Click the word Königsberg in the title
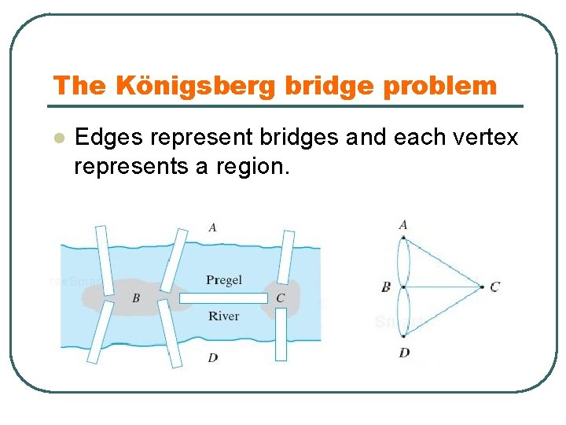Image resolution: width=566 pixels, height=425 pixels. tap(196, 85)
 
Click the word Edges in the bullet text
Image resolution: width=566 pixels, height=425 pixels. tap(108, 138)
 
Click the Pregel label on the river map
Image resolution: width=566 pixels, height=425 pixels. tap(224, 280)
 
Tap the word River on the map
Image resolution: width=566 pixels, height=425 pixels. tap(224, 316)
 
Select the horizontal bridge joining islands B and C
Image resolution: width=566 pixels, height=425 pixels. tap(223, 298)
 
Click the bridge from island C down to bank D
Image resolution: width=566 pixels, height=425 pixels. tap(281, 334)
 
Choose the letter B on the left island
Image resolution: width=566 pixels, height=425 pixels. tap(136, 298)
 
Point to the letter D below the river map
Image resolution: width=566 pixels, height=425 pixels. tap(213, 358)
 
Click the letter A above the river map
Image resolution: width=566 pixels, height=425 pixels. tap(213, 227)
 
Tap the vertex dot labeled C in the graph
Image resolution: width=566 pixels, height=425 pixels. tap(481, 287)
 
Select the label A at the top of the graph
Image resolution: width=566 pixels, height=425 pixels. tap(403, 225)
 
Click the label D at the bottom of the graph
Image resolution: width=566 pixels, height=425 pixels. tap(404, 353)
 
